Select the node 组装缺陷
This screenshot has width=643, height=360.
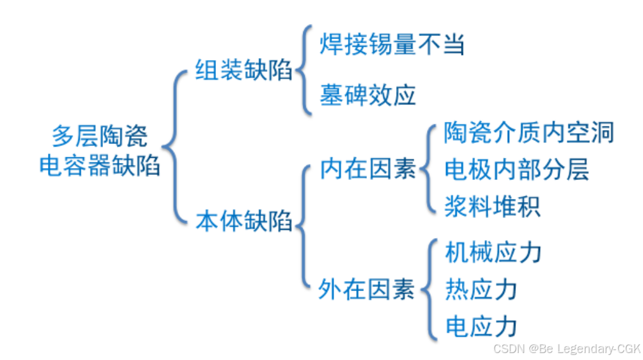(x=243, y=69)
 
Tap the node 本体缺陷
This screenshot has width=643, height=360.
(x=243, y=222)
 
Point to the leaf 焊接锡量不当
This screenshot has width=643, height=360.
(x=392, y=45)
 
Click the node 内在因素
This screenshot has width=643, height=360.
(x=367, y=169)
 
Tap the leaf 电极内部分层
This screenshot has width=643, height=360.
(x=517, y=169)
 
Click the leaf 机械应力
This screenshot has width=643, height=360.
(x=493, y=253)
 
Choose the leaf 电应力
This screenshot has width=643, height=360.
(x=481, y=327)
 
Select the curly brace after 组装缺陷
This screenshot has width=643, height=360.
(x=305, y=69)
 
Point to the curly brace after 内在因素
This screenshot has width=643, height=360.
(x=429, y=169)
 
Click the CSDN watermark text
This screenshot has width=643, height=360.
(x=508, y=349)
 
